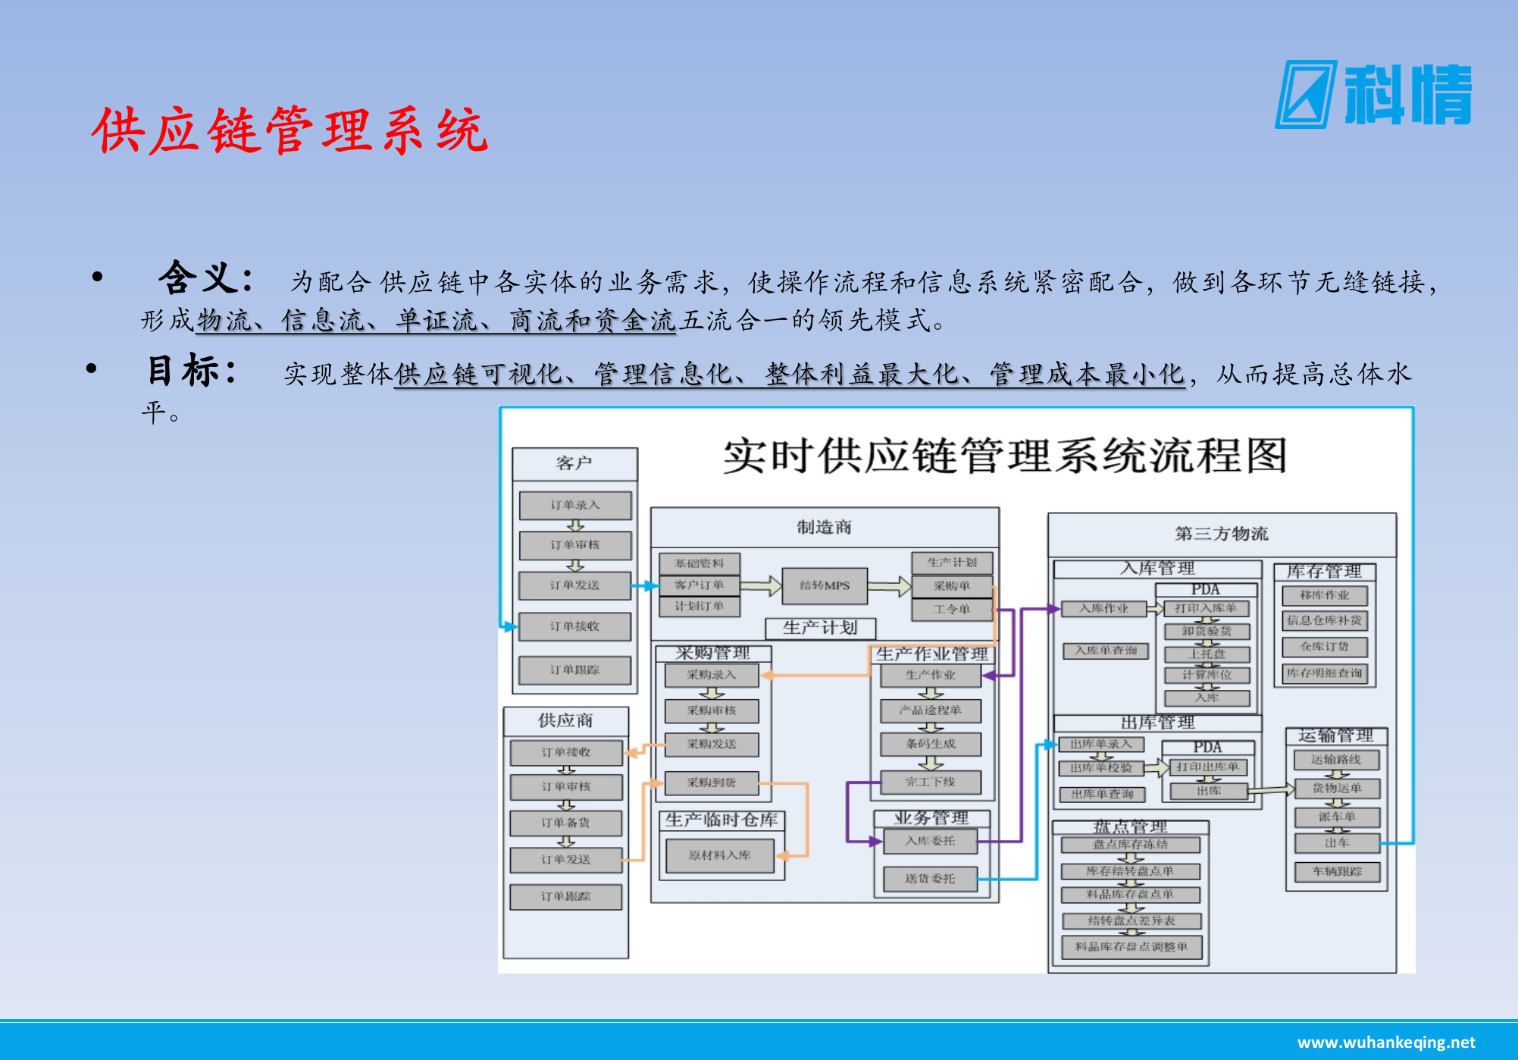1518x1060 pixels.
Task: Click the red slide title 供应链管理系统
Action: coord(290,130)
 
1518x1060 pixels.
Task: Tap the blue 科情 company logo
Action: coord(1373,95)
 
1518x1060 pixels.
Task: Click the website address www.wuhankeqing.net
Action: coord(1386,1043)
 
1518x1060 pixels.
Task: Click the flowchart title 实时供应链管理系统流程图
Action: coord(1004,456)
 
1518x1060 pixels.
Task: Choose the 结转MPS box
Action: coord(825,585)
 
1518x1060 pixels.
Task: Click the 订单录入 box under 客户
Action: coord(574,505)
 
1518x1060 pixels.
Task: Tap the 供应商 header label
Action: coord(565,720)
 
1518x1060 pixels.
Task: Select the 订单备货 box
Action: coord(565,823)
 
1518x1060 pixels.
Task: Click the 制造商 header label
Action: coord(824,528)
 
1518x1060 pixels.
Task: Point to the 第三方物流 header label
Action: coord(1221,534)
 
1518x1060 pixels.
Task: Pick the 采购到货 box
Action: coord(711,782)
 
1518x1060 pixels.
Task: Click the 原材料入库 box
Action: coord(719,855)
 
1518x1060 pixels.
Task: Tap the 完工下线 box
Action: coord(930,782)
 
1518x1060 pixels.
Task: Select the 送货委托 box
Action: coord(929,879)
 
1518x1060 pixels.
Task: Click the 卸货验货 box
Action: coord(1207,631)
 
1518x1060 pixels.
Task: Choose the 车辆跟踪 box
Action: coord(1337,872)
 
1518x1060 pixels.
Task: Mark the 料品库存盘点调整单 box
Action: coord(1131,946)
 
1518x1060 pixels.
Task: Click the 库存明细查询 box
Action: coord(1324,673)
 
